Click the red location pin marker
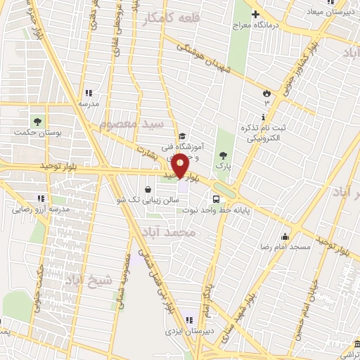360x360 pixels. tap(180, 165)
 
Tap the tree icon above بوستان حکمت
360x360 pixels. tap(38, 120)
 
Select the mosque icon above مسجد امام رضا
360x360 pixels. tap(285, 236)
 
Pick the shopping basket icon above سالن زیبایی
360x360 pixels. tap(147, 189)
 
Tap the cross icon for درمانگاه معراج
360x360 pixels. tap(256, 14)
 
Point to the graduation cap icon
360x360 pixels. tap(182, 136)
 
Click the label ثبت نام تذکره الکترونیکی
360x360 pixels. tap(266, 134)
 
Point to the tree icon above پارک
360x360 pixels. tap(223, 155)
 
